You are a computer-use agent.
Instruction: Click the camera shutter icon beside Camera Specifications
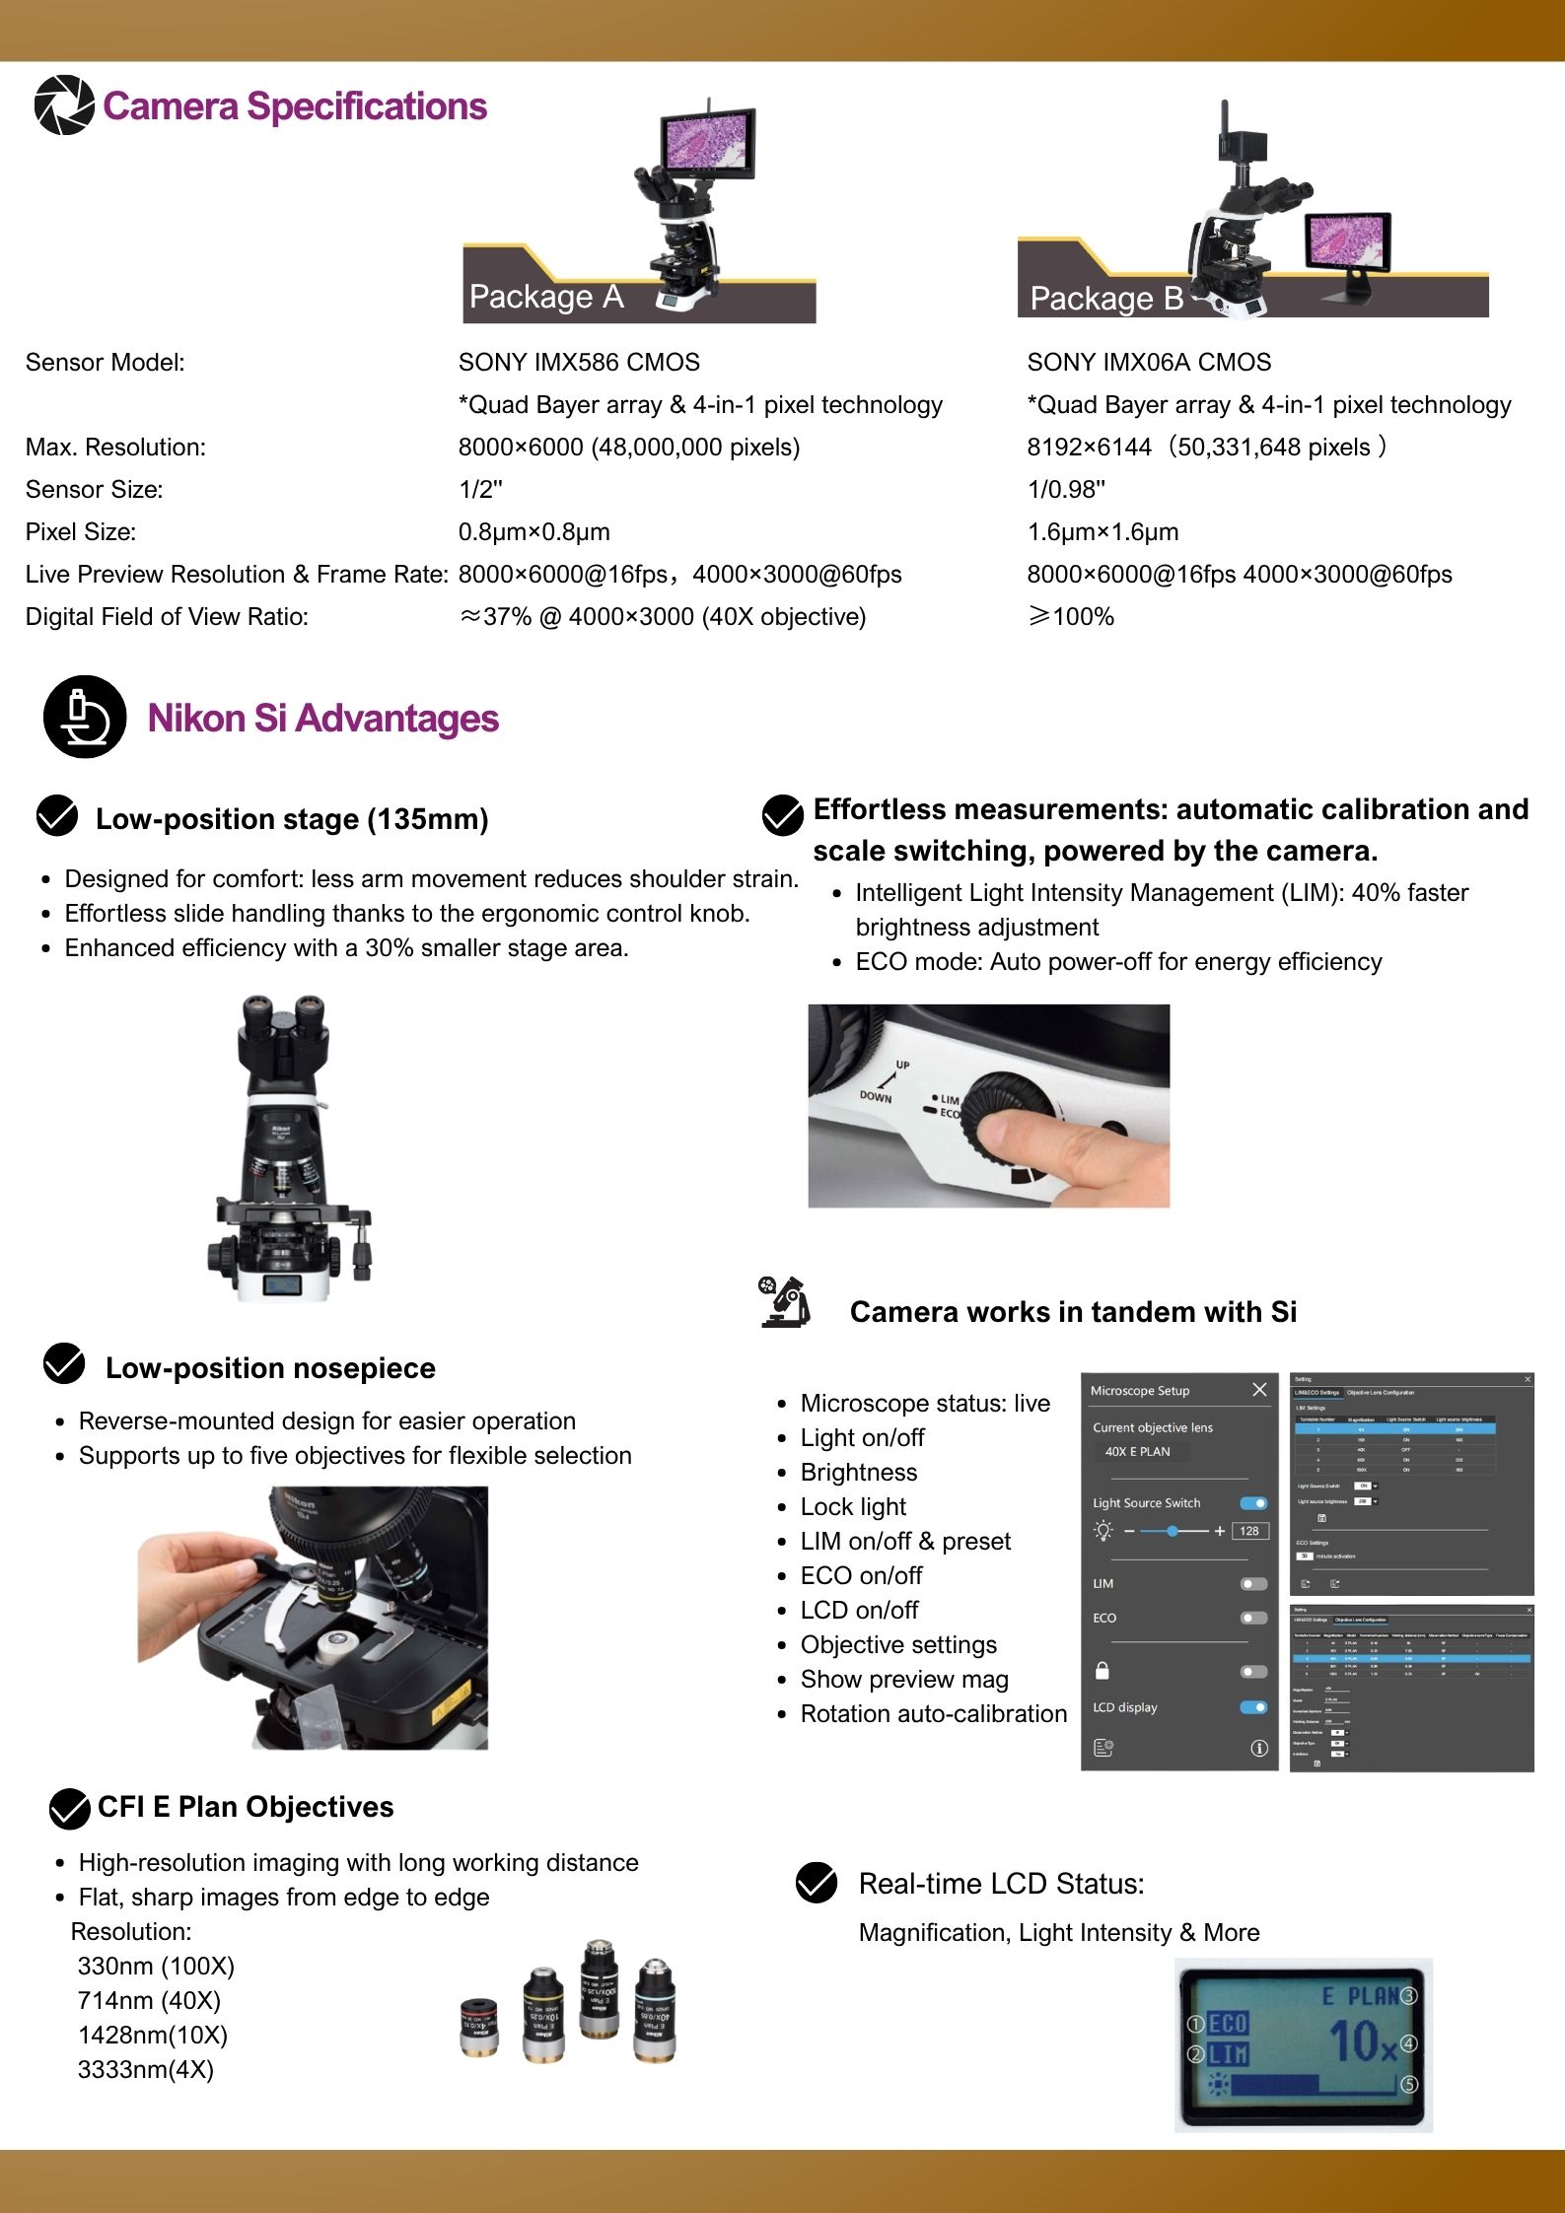point(64,105)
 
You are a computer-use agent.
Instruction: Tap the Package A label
point(545,297)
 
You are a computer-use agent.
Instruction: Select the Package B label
point(1105,299)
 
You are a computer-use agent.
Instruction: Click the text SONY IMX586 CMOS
point(579,363)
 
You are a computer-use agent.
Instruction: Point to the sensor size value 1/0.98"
point(1066,490)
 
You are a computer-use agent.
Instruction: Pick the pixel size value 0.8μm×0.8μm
point(534,532)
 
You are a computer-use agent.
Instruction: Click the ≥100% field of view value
point(1071,617)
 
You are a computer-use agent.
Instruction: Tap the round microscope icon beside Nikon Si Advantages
point(85,717)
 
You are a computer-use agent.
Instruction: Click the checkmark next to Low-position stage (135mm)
point(57,816)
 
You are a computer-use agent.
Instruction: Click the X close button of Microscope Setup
point(1259,1390)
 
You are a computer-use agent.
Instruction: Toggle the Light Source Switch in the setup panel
point(1253,1503)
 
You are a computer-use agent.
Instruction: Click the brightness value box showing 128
point(1249,1531)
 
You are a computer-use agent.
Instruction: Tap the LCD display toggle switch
point(1253,1707)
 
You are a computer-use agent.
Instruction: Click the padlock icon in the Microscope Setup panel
point(1103,1671)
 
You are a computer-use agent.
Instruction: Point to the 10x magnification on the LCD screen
point(1362,2041)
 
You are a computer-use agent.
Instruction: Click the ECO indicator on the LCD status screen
point(1228,2024)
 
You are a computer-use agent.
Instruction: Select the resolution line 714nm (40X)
point(149,2001)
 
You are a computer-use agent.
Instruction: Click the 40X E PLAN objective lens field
point(1139,1452)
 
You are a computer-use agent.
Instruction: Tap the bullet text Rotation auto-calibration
point(933,1714)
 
